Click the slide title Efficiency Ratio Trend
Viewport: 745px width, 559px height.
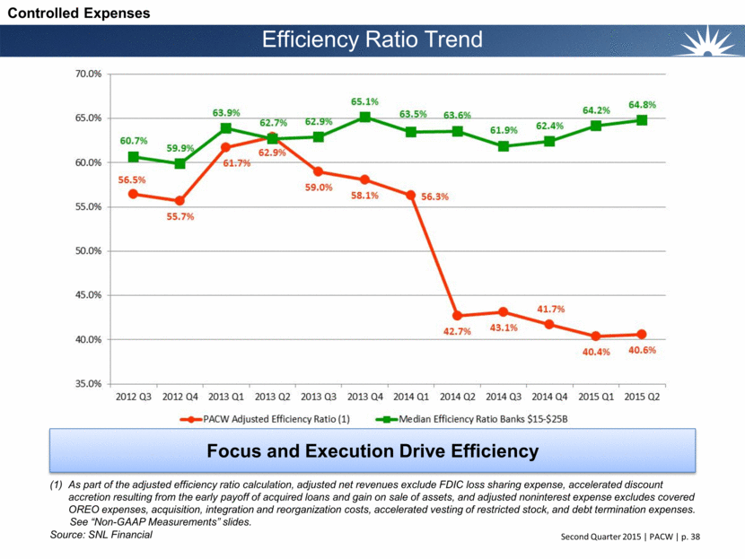pos(372,39)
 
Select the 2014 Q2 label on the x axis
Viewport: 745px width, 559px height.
pos(457,395)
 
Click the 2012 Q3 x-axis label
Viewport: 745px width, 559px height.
pos(133,395)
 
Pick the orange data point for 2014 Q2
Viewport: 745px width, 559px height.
pos(457,316)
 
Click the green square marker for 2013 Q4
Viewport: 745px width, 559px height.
pos(364,118)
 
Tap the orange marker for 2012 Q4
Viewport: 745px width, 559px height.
pos(180,201)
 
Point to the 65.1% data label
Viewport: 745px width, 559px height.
pos(364,102)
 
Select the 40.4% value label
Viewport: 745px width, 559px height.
pos(596,352)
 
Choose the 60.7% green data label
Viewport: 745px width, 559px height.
pos(132,141)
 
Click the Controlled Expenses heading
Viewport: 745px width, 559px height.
pos(74,13)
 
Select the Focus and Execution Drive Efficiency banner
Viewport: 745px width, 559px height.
pos(371,451)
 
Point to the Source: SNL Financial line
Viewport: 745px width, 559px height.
pos(101,535)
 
